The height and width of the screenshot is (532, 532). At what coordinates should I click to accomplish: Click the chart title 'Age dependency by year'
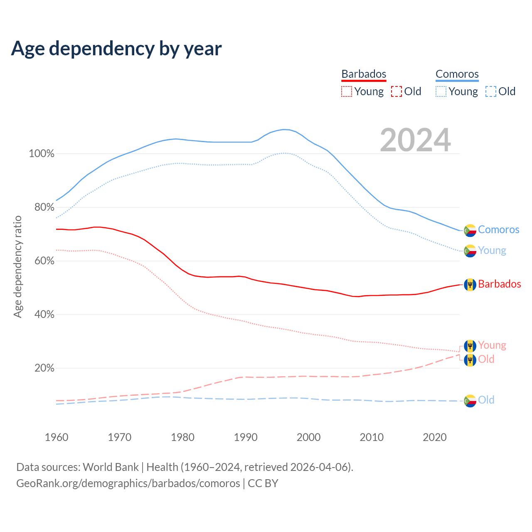[116, 49]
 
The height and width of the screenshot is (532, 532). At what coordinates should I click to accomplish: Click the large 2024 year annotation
[415, 140]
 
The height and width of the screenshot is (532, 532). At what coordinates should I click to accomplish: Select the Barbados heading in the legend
[364, 74]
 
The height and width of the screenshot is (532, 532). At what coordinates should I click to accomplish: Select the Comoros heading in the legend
[457, 74]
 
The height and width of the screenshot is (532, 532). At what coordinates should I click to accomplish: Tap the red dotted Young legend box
[346, 91]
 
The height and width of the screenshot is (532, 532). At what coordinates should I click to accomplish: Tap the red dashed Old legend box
[397, 91]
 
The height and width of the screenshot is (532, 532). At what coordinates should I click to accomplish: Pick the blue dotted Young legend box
[441, 91]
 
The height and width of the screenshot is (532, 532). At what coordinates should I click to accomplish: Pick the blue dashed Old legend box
[491, 91]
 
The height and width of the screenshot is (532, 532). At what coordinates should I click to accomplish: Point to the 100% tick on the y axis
[42, 154]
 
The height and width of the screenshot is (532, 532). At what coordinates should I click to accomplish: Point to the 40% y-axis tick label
[44, 315]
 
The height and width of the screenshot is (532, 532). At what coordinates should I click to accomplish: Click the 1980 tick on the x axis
[183, 437]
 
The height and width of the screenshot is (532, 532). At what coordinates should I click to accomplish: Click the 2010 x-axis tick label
[372, 437]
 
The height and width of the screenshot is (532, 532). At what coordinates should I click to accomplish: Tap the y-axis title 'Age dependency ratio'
[17, 266]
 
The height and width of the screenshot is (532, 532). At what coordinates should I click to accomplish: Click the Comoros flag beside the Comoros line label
[470, 230]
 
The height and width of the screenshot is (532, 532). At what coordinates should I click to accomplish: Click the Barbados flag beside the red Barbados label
[470, 284]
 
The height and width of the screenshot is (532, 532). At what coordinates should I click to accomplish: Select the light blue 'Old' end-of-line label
[486, 400]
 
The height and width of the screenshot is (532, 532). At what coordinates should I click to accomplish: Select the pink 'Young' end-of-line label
[492, 345]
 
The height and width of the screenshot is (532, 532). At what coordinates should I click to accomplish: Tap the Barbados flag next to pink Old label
[470, 360]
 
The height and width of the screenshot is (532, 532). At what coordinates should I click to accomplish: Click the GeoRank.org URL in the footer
[128, 483]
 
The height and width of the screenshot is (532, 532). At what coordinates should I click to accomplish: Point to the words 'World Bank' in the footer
[111, 467]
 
